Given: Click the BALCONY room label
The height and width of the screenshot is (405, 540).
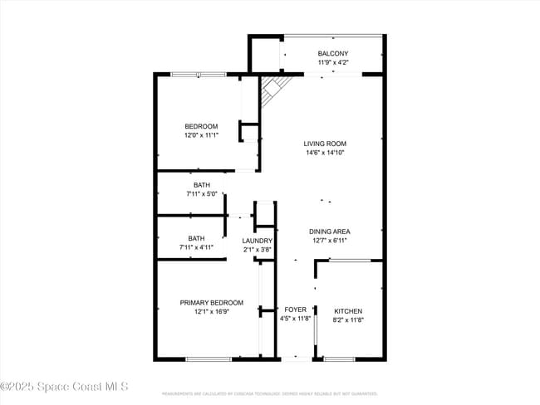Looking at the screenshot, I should pyautogui.click(x=333, y=53).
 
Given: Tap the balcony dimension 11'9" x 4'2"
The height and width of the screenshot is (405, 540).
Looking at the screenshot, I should pyautogui.click(x=333, y=62).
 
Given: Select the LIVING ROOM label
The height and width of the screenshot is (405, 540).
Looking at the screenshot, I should pyautogui.click(x=324, y=144).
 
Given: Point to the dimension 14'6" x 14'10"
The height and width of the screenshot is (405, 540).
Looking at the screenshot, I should pyautogui.click(x=324, y=153).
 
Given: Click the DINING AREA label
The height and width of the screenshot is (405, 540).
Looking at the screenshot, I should pyautogui.click(x=329, y=232).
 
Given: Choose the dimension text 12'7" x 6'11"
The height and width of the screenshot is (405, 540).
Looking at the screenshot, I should pyautogui.click(x=329, y=241).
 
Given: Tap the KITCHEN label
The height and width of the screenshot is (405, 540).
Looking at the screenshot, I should pyautogui.click(x=347, y=311).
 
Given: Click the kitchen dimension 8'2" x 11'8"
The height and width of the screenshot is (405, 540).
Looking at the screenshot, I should pyautogui.click(x=347, y=320).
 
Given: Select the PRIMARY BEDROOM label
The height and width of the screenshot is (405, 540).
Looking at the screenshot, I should pyautogui.click(x=212, y=303).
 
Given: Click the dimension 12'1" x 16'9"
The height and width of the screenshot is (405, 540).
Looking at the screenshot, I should pyautogui.click(x=212, y=312).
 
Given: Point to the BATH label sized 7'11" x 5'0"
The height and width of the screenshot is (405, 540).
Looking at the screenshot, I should pyautogui.click(x=202, y=185).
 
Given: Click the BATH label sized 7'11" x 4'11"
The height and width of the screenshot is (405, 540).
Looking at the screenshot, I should pyautogui.click(x=196, y=238).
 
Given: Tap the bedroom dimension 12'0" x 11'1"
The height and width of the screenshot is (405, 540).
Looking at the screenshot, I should pyautogui.click(x=201, y=135).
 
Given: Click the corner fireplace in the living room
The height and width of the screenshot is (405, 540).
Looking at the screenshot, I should pyautogui.click(x=272, y=90).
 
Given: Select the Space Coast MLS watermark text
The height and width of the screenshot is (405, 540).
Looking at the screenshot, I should pyautogui.click(x=65, y=387).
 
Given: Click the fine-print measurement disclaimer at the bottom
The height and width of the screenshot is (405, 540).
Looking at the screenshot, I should pyautogui.click(x=269, y=393).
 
